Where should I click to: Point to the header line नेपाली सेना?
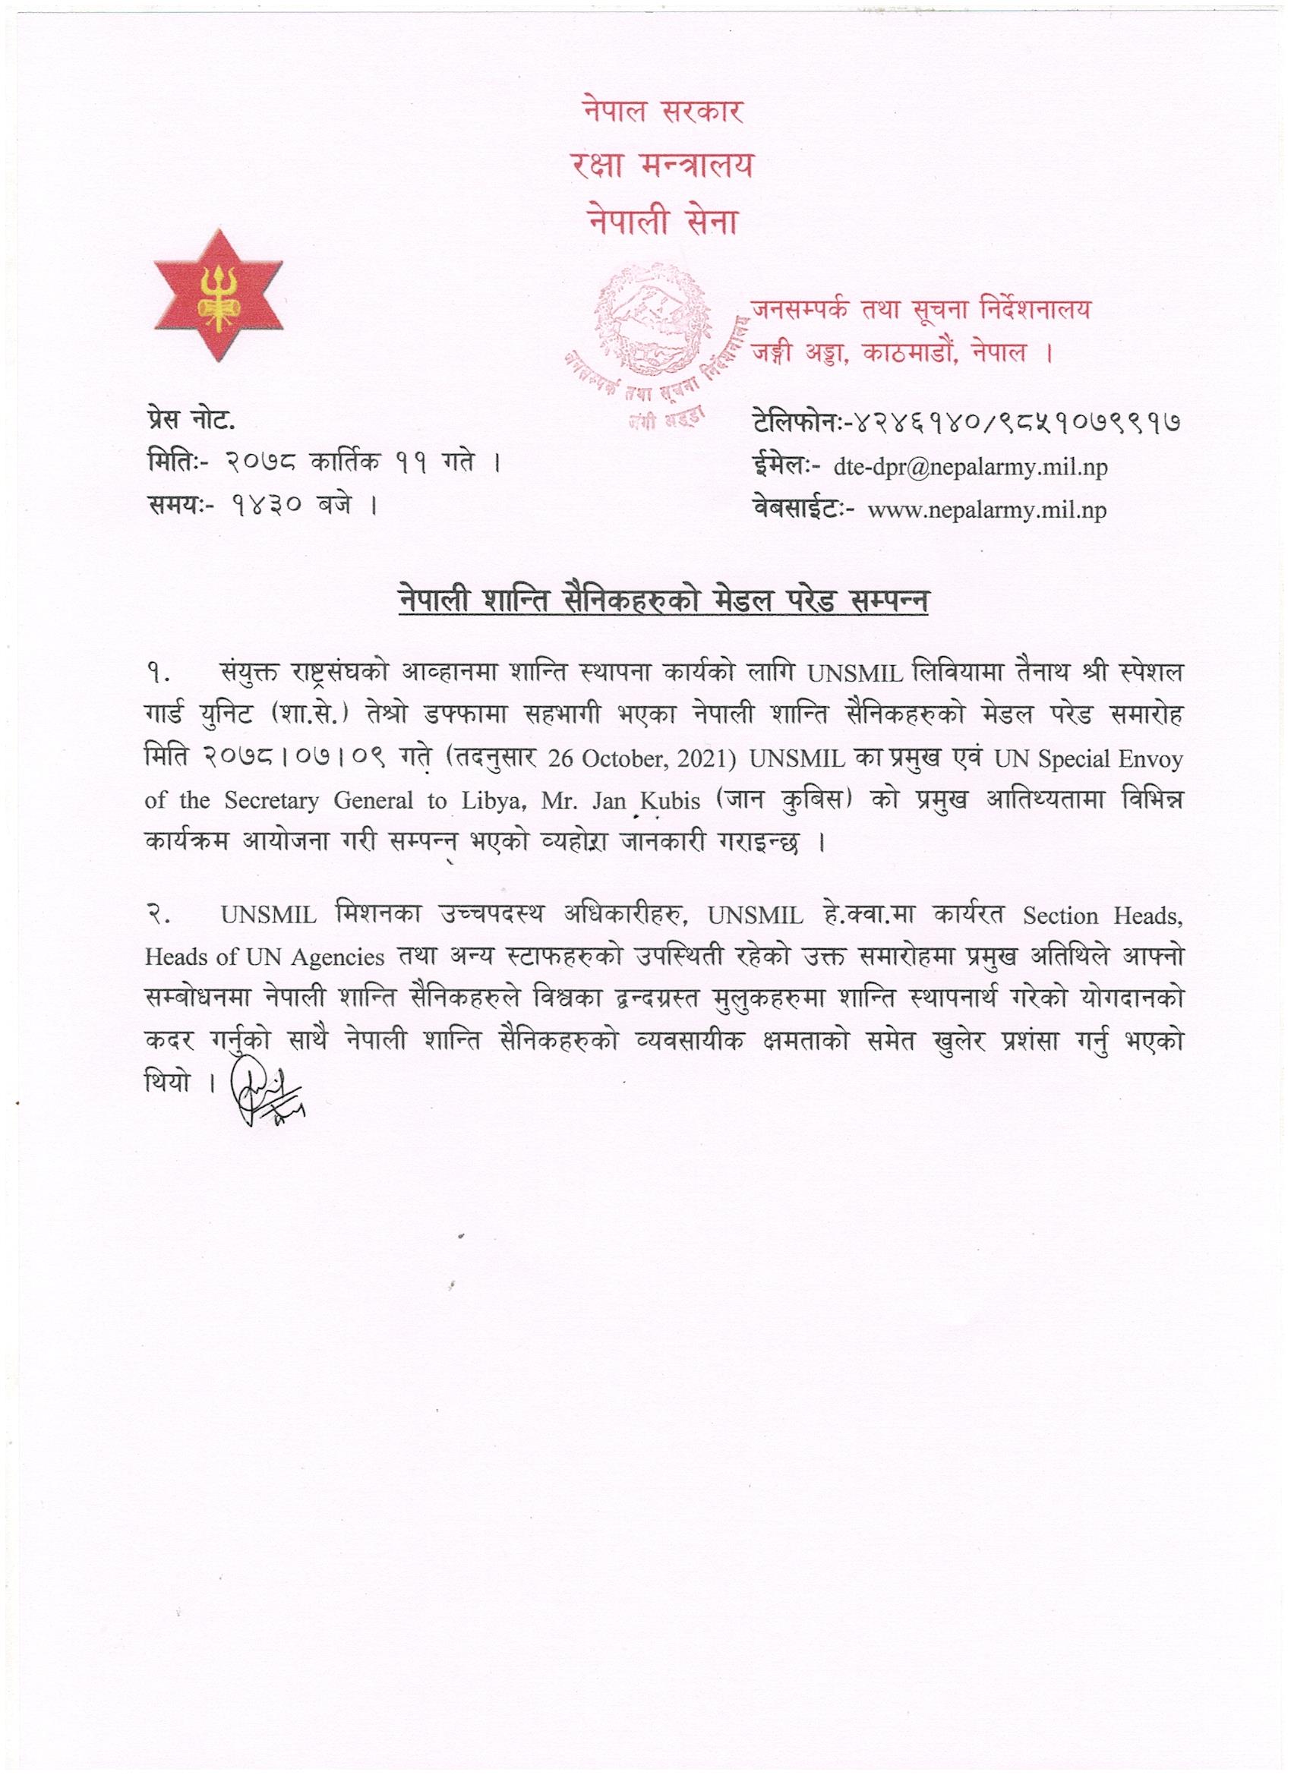tap(662, 223)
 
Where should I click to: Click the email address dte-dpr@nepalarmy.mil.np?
tap(970, 468)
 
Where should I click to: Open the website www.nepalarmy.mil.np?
tap(986, 511)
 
